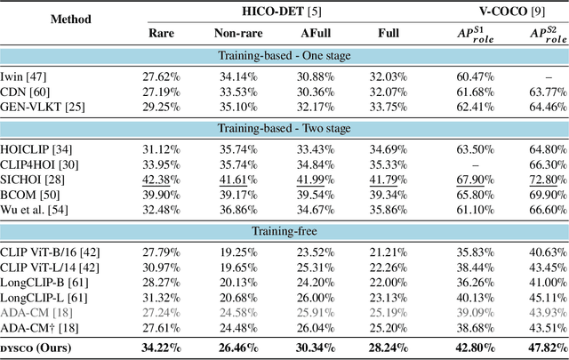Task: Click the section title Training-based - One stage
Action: coord(284,56)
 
